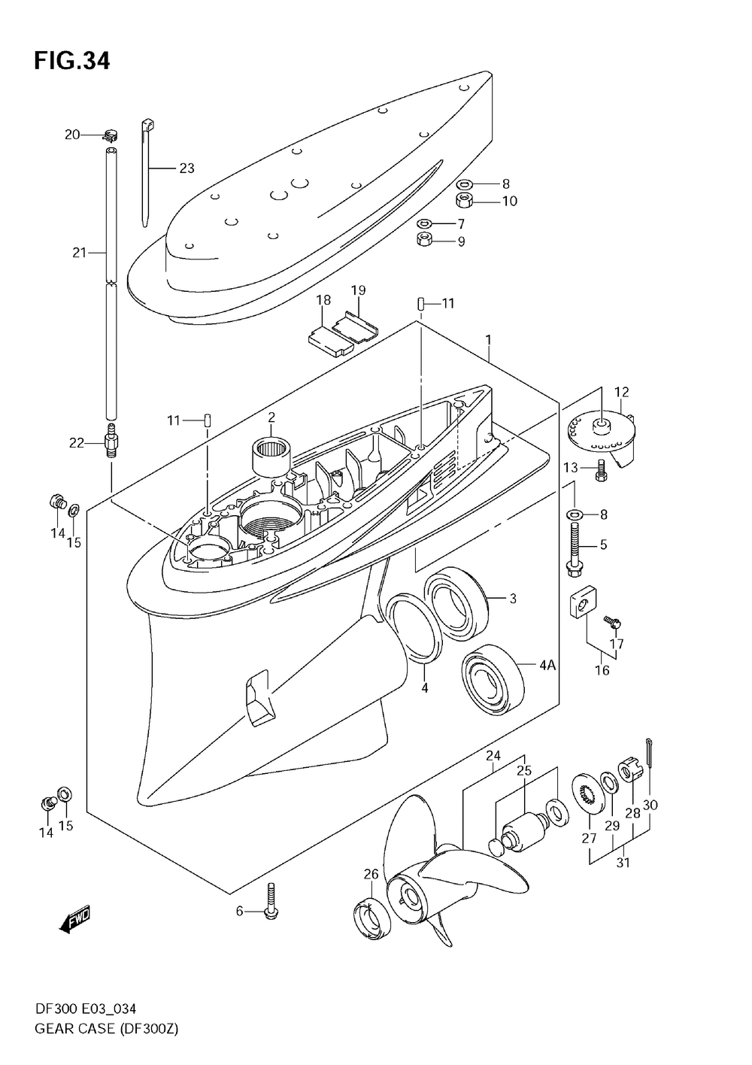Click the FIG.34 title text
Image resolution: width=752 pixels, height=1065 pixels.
[71, 60]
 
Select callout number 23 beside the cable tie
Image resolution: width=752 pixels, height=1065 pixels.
[186, 168]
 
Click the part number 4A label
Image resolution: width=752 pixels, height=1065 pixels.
[547, 664]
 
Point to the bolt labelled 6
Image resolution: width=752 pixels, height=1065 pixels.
[271, 898]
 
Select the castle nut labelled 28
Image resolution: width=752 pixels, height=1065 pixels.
[629, 772]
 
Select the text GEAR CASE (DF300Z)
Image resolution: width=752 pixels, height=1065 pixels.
[105, 1027]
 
